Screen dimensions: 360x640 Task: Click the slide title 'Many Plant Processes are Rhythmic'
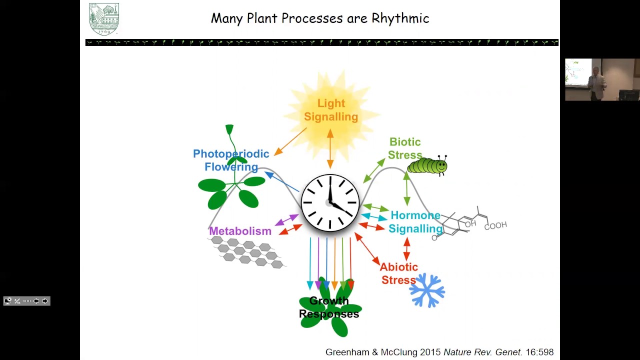click(320, 18)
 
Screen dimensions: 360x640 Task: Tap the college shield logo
click(104, 19)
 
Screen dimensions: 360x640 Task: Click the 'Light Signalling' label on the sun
click(331, 110)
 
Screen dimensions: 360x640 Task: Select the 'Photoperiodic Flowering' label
click(231, 160)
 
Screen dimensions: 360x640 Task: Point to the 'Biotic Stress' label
click(405, 148)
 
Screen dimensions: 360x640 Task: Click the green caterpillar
click(427, 165)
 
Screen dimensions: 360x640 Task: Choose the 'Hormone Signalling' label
click(415, 222)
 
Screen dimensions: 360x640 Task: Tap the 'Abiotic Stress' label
click(398, 273)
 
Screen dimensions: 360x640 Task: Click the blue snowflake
click(427, 290)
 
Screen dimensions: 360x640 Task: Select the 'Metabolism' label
click(240, 231)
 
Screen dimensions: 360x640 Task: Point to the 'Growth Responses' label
click(329, 307)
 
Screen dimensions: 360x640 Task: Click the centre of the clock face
click(330, 202)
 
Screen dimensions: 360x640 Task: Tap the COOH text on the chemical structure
click(495, 226)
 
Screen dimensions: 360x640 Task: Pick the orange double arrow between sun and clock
click(330, 148)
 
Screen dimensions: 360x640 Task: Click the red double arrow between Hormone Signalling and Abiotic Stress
click(406, 249)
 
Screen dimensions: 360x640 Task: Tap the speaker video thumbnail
click(602, 80)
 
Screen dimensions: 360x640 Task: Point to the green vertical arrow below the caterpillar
click(406, 189)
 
